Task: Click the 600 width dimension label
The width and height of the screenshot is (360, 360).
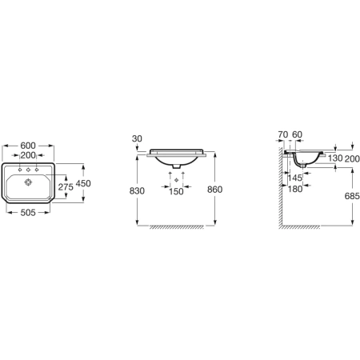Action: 28,146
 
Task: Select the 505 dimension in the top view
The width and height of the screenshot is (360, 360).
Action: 28,213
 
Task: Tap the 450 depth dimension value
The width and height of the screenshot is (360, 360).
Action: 83,183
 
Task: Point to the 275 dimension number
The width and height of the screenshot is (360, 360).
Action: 66,187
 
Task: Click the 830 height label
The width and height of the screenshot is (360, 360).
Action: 137,190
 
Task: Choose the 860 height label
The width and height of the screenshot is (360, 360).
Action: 214,190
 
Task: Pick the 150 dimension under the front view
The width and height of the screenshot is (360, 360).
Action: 176,191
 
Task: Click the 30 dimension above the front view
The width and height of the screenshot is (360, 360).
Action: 137,138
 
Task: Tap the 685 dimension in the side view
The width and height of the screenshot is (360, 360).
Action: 352,196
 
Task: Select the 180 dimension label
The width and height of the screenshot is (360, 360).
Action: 295,189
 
